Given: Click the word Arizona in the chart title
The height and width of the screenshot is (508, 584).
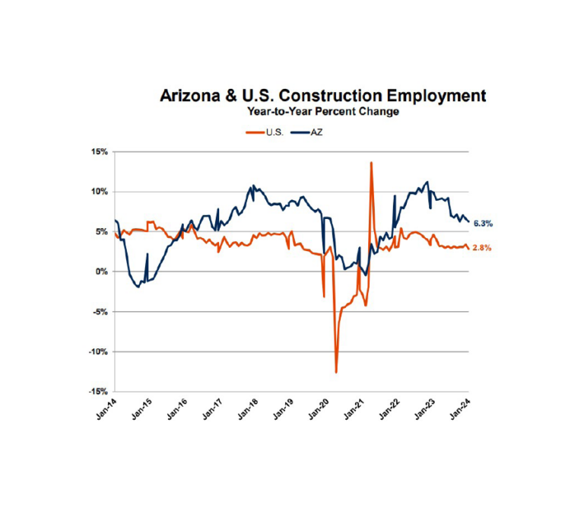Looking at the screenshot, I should [192, 97].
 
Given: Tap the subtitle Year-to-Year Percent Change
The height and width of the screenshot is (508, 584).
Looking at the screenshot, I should [322, 112].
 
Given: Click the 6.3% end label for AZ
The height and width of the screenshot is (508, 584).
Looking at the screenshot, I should [484, 224].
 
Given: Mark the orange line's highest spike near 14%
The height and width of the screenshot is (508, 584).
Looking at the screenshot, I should [371, 163].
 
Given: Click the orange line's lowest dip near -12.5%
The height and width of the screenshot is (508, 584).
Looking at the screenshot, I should [335, 372].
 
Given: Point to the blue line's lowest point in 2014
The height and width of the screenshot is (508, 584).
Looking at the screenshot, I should [138, 287].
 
